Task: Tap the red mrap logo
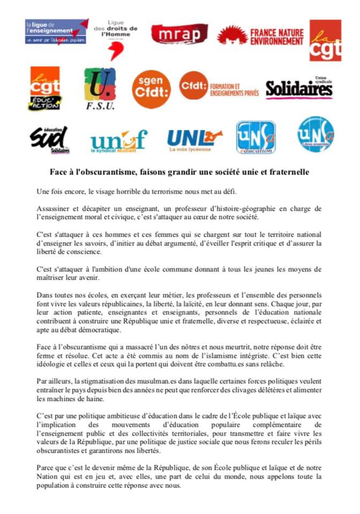click(179, 34)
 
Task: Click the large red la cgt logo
click(325, 40)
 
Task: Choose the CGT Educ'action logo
click(45, 89)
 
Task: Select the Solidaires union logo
click(299, 88)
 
